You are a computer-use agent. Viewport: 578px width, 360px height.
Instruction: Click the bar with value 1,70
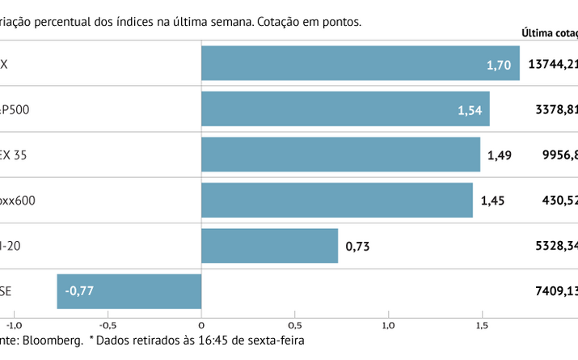(360, 63)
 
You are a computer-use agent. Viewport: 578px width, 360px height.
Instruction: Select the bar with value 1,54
(345, 108)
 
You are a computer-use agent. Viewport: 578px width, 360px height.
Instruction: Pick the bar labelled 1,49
(340, 155)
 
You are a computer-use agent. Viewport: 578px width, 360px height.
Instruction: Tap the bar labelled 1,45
(336, 200)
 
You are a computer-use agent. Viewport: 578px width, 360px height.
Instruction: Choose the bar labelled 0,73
(269, 245)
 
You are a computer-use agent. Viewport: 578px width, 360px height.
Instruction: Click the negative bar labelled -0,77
(129, 291)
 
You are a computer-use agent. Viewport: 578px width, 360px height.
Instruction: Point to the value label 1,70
(498, 64)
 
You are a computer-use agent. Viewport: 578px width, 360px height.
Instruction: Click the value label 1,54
(470, 109)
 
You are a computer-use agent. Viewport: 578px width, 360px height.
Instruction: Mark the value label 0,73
(357, 246)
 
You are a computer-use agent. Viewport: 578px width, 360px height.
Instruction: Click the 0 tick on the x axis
(201, 326)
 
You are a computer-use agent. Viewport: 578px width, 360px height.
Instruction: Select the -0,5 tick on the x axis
(108, 326)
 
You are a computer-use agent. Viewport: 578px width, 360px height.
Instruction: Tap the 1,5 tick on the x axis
(482, 326)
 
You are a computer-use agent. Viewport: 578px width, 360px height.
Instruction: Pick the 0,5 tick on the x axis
(295, 326)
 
